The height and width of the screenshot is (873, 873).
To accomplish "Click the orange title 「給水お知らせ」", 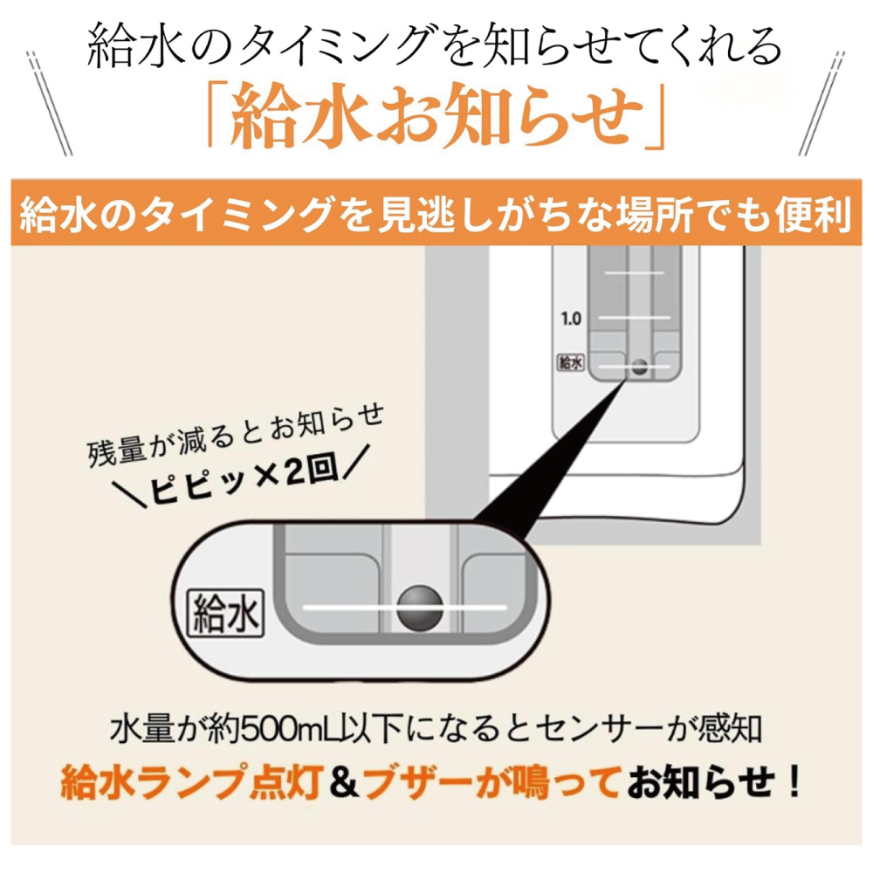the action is tap(436, 114).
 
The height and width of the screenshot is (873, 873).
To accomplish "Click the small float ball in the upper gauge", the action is tap(640, 367).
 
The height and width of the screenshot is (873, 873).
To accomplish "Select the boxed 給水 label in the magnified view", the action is tap(225, 614).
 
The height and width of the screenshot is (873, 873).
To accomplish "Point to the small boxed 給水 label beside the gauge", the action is tap(571, 363).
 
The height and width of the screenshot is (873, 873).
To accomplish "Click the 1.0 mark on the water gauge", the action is tap(571, 319).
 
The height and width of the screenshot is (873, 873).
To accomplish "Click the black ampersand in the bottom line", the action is tap(343, 782).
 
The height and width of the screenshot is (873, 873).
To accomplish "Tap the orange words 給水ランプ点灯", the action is tap(192, 782).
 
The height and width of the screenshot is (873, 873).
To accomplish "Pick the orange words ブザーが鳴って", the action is tap(491, 782).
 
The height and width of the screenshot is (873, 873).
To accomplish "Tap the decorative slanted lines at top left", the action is tap(50, 103).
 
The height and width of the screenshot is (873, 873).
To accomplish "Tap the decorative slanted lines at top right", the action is tap(821, 103).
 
